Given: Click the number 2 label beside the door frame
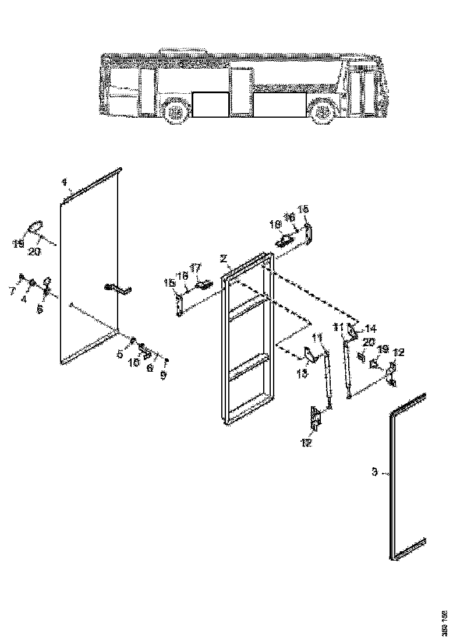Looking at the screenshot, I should tap(223, 258).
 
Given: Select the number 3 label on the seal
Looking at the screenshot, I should tap(376, 471).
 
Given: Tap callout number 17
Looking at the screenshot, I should tap(196, 267).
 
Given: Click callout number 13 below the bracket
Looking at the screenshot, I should tap(302, 374).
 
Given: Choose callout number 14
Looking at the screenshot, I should tap(370, 329).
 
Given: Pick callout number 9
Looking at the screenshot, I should tap(164, 376).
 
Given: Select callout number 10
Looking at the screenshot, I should tap(135, 362).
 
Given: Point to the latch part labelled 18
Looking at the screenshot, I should tap(284, 240).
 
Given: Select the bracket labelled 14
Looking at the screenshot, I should tap(353, 331).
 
